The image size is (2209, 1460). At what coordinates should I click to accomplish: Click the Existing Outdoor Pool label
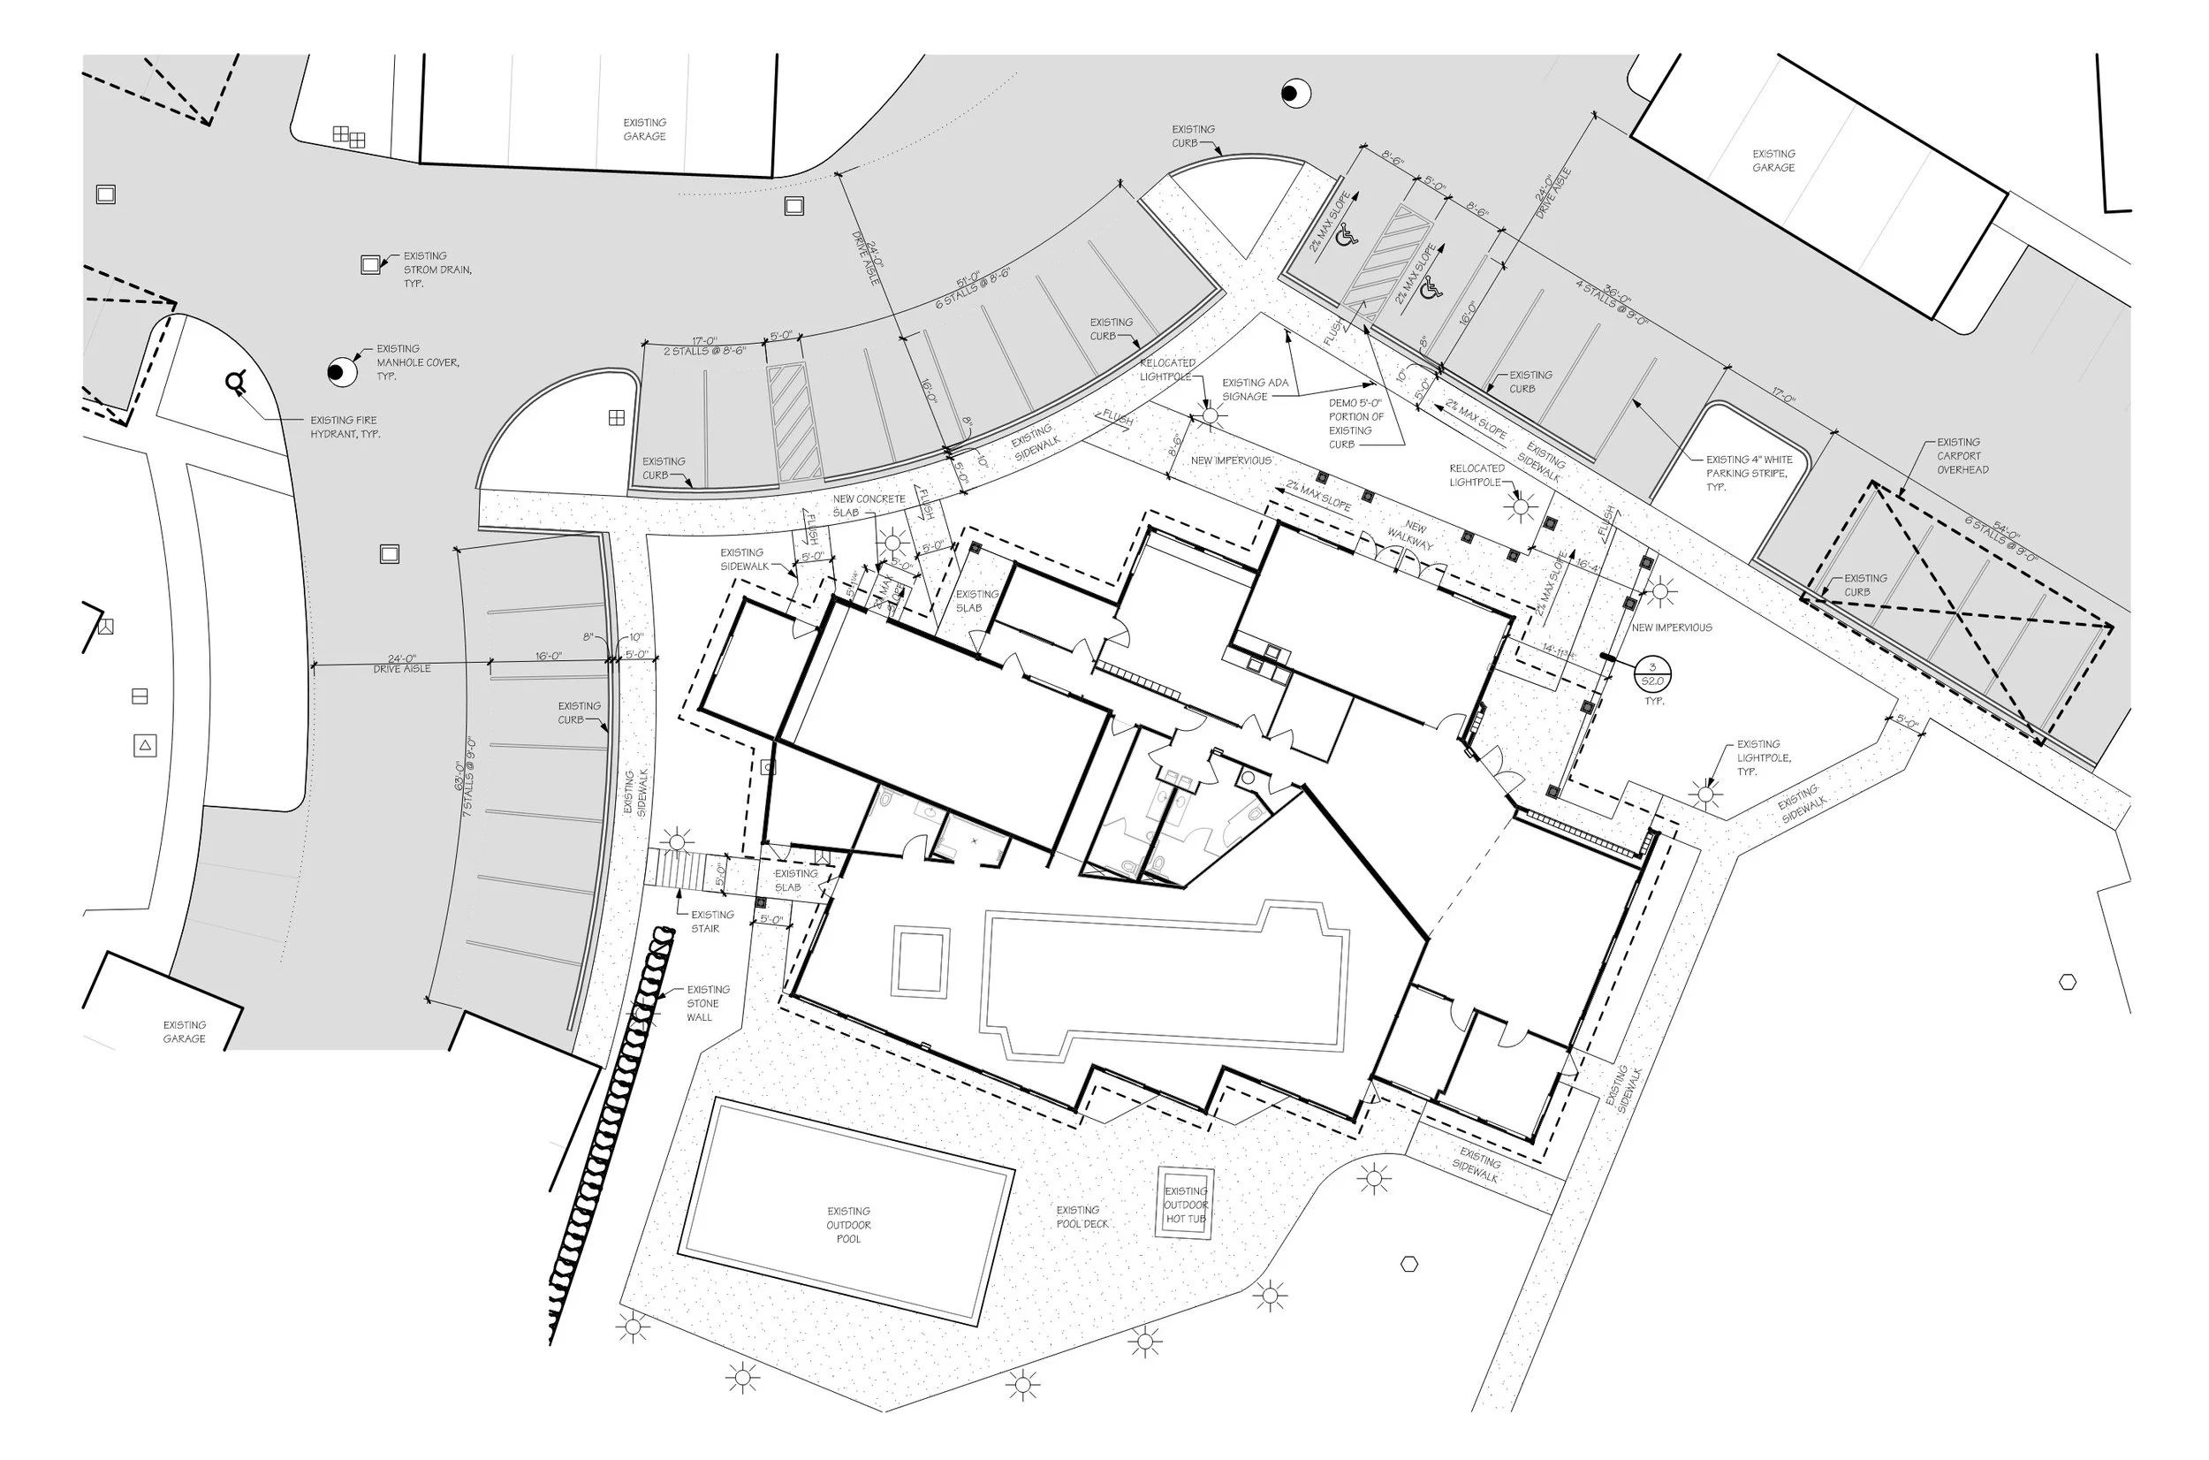[x=848, y=1224]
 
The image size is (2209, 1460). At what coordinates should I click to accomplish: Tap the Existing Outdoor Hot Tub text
[x=1185, y=1205]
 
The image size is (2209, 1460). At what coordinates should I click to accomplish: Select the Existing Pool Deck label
[x=1082, y=1217]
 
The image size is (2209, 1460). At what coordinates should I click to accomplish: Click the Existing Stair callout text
[x=711, y=921]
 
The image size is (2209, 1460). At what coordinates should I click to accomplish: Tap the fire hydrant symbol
[x=237, y=382]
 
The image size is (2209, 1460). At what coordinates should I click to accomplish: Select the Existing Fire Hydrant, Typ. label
[x=345, y=427]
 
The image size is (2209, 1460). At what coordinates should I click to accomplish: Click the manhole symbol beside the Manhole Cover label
[x=342, y=371]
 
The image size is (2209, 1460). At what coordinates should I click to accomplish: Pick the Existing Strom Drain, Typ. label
[x=436, y=269]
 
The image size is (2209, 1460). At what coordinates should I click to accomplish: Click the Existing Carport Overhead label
[x=1962, y=455]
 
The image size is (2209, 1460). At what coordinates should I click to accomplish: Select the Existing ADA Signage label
[x=1254, y=389]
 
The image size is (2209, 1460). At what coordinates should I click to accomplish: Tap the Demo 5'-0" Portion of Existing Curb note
[x=1355, y=423]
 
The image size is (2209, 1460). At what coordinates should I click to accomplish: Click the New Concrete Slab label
[x=868, y=506]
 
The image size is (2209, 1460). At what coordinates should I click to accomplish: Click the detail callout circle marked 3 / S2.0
[x=1652, y=674]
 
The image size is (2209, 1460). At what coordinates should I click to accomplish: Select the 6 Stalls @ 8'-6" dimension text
[x=972, y=290]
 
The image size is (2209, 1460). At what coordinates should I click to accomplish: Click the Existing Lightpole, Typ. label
[x=1757, y=758]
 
